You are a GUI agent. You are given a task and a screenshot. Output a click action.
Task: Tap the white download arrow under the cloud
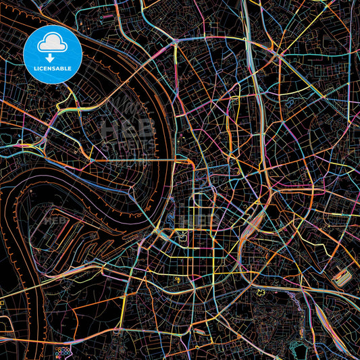(x=53, y=57)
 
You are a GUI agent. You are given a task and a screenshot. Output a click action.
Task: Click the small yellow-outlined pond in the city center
(x=181, y=235)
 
